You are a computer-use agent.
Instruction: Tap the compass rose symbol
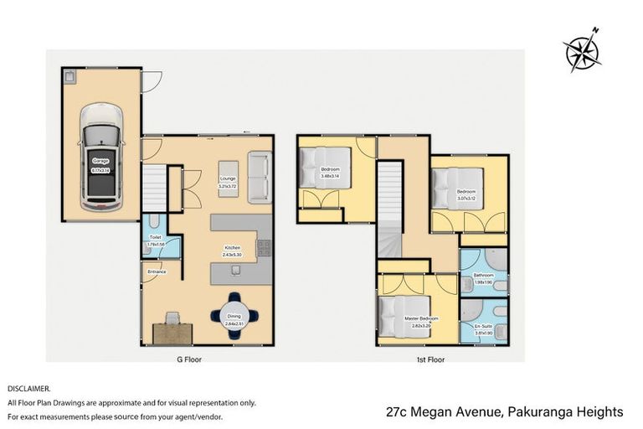(x=583, y=52)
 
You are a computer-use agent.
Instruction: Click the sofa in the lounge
(x=260, y=178)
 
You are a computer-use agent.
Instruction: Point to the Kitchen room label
(x=233, y=247)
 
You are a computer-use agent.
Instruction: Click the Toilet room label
(x=155, y=237)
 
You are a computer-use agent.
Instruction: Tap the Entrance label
(x=157, y=271)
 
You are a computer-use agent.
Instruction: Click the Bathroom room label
(x=484, y=275)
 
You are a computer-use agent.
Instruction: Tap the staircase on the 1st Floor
(x=390, y=209)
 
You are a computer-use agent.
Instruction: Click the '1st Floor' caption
(x=430, y=359)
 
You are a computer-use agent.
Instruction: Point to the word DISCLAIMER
(x=29, y=389)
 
